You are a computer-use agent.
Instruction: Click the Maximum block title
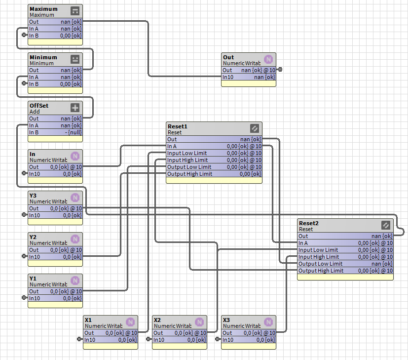[43, 9]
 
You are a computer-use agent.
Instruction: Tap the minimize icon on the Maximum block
[75, 11]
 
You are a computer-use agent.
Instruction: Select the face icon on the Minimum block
[75, 59]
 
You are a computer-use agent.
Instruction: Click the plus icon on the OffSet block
[75, 108]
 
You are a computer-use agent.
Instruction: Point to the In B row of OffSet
[55, 132]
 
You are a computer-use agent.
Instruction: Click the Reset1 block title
[178, 126]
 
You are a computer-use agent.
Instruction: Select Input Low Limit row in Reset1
[214, 153]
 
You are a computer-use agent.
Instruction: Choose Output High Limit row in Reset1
[214, 174]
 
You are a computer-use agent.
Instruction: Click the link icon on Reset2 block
[386, 225]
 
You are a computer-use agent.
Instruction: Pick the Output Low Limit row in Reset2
[345, 264]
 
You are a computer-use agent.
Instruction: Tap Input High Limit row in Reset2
[345, 257]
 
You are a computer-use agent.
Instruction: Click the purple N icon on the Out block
[268, 59]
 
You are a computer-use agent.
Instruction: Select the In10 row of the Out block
[249, 77]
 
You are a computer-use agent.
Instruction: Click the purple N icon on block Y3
[75, 198]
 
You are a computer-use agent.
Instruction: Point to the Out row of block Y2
[55, 250]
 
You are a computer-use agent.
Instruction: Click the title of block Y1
[33, 279]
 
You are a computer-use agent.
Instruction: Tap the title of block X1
[88, 320]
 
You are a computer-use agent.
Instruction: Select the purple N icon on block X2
[199, 322]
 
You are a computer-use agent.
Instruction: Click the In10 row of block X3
[249, 340]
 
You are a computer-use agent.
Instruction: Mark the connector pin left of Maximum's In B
[25, 35]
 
